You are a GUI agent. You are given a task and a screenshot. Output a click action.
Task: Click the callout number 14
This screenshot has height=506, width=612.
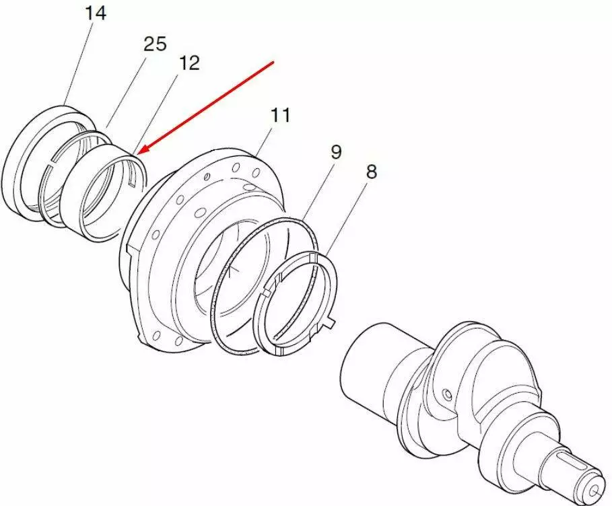click(x=96, y=13)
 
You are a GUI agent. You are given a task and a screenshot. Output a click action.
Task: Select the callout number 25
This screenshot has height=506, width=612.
click(x=155, y=44)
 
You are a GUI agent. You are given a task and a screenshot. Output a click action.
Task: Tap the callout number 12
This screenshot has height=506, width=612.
click(x=189, y=63)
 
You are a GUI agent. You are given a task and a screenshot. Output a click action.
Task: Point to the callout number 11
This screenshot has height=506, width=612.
click(x=281, y=116)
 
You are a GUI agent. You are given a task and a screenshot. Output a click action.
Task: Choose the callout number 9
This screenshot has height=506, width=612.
click(x=336, y=152)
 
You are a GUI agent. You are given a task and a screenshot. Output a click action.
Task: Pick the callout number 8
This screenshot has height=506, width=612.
click(x=371, y=172)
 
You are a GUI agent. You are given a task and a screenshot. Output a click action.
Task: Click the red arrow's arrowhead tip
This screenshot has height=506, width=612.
click(x=139, y=153)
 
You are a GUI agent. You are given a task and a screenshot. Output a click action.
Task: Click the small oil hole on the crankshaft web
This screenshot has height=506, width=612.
click(x=447, y=395)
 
